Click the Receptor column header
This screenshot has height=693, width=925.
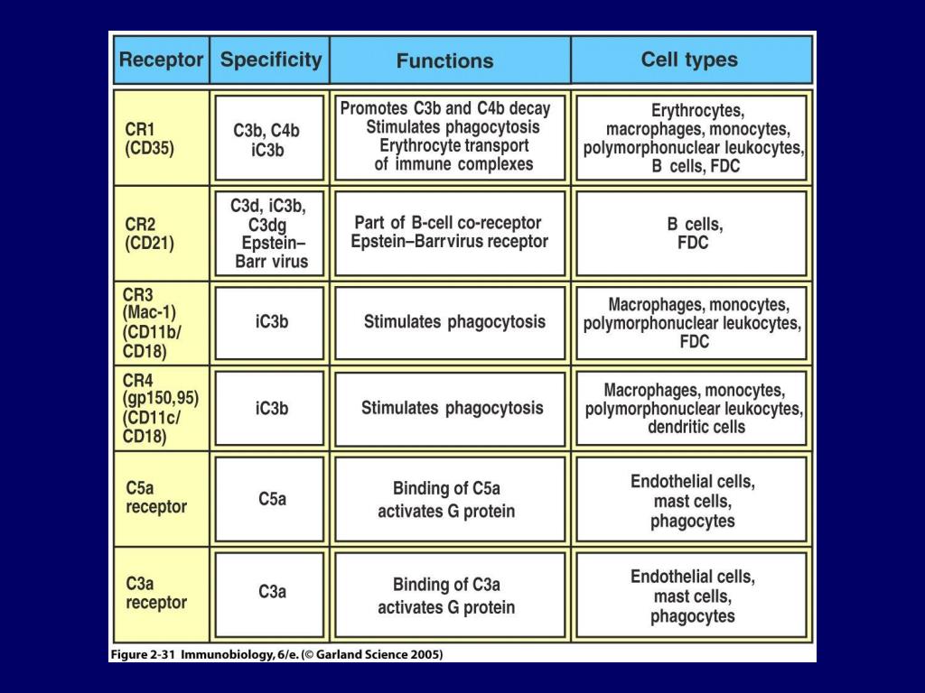point(161,60)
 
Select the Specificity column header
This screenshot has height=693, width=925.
point(270,60)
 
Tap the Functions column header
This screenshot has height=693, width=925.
point(444,61)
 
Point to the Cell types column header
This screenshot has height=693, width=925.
point(689,60)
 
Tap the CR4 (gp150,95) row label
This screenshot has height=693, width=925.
point(162,408)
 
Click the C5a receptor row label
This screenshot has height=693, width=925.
point(156,498)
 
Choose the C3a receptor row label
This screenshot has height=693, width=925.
point(156,593)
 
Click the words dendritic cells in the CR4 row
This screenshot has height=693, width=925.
point(696,427)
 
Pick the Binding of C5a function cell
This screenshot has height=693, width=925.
point(446,500)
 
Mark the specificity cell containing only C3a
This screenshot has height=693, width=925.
point(272,593)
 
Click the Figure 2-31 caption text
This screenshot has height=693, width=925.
point(276,653)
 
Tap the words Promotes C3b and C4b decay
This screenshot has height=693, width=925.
point(444,108)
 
